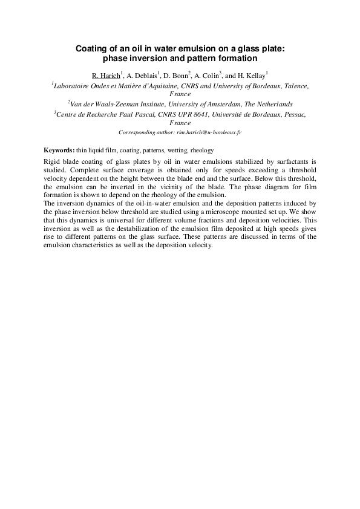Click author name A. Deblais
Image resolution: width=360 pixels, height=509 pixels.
tap(143, 76)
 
